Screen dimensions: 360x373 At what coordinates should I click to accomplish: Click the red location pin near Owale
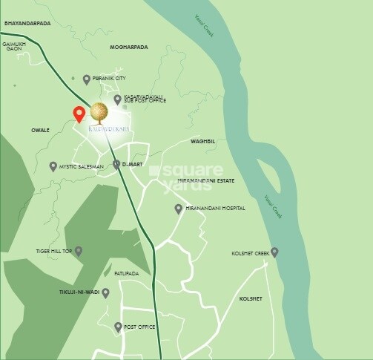click(x=79, y=114)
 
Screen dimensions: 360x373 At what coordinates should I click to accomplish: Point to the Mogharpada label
click(x=129, y=48)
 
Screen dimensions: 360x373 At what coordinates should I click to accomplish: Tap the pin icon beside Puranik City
click(x=87, y=79)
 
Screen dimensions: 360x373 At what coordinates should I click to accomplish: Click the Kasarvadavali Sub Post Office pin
click(x=117, y=99)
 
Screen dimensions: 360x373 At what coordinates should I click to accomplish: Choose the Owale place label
click(x=40, y=131)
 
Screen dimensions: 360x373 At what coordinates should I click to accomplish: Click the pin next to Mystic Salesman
click(x=53, y=166)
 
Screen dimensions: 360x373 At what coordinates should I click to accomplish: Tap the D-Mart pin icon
click(x=116, y=165)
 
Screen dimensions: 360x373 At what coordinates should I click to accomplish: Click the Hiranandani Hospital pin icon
click(x=178, y=209)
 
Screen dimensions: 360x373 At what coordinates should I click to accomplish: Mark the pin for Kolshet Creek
click(x=274, y=252)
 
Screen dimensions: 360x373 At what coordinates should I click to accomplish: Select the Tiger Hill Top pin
click(x=79, y=252)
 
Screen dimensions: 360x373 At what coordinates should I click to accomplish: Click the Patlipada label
click(x=125, y=274)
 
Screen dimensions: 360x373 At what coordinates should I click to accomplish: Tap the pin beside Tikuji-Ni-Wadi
click(x=106, y=293)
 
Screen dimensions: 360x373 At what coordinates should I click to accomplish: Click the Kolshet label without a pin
click(x=251, y=298)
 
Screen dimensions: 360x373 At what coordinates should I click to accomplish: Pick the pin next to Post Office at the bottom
click(x=117, y=327)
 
